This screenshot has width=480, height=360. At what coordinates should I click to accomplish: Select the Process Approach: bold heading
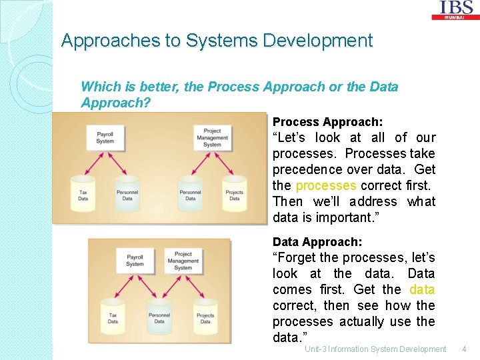[327, 122]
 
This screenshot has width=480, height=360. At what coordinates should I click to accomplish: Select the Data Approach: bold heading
[317, 242]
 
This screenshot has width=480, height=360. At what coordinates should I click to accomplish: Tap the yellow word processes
[326, 185]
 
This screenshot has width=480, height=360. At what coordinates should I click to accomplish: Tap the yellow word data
[422, 289]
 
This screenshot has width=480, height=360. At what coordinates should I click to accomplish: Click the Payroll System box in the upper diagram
[105, 138]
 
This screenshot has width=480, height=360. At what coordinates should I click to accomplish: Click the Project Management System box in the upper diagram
[212, 138]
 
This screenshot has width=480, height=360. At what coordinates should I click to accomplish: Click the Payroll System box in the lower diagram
[135, 261]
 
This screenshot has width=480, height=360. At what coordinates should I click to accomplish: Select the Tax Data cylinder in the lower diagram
[113, 317]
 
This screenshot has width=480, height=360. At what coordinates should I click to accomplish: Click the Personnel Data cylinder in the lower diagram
[159, 317]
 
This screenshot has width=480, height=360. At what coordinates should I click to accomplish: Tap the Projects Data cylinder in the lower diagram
[205, 317]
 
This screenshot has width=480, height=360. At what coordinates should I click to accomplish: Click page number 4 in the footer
[464, 349]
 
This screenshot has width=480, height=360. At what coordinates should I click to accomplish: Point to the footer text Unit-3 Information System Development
[375, 349]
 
